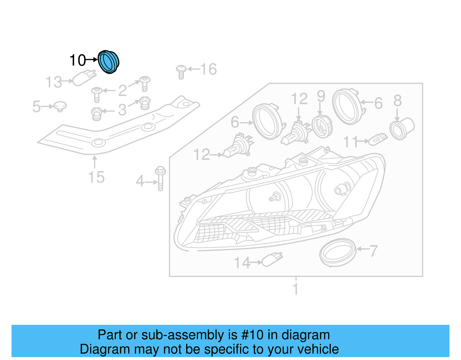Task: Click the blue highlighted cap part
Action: pyautogui.click(x=108, y=62)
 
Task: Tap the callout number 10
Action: pyautogui.click(x=78, y=61)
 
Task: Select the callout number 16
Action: pyautogui.click(x=208, y=69)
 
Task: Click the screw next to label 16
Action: pyautogui.click(x=181, y=72)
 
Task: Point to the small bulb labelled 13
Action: pyautogui.click(x=83, y=78)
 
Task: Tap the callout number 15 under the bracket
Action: pyautogui.click(x=96, y=177)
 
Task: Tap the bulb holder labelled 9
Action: pyautogui.click(x=322, y=127)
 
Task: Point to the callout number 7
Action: pyautogui.click(x=373, y=251)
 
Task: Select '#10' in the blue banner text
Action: pyautogui.click(x=252, y=335)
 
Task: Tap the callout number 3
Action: pyautogui.click(x=122, y=110)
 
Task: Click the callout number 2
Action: pyautogui.click(x=122, y=91)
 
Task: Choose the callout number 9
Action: pyautogui.click(x=321, y=97)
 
